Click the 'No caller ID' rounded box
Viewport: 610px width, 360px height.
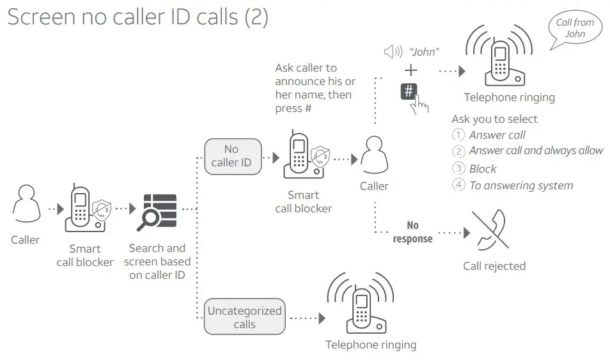point(231,156)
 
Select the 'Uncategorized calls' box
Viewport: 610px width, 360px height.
point(244,317)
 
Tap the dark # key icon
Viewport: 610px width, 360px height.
point(410,91)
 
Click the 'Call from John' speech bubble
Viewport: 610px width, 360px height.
point(574,29)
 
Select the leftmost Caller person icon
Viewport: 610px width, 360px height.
point(26,207)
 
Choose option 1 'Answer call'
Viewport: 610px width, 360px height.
point(497,135)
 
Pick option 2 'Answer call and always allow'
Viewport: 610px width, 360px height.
point(535,151)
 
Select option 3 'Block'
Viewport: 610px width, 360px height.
point(482,169)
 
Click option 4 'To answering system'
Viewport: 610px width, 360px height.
point(520,185)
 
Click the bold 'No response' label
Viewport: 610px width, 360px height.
point(412,232)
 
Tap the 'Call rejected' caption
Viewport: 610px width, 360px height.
point(494,266)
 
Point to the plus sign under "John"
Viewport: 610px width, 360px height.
point(411,70)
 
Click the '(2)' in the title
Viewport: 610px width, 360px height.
point(256,17)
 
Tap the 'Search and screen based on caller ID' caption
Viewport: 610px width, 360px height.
point(157,261)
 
